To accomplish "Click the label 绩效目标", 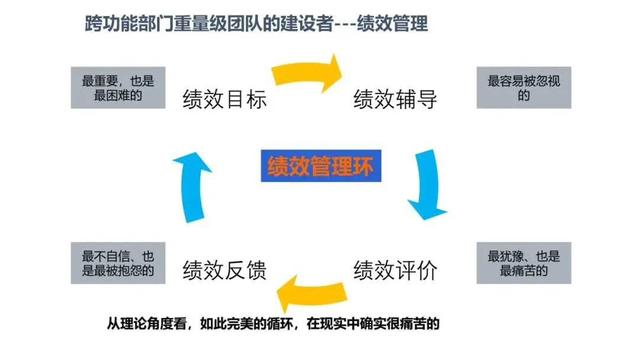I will tap(225, 99).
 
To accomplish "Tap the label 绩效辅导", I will tap(395, 99).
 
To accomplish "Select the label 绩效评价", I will tap(395, 270).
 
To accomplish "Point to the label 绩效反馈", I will tap(225, 270).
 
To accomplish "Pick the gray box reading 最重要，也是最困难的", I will tap(118, 88).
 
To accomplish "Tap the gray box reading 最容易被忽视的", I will tap(524, 88).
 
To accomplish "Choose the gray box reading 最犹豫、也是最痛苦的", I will tap(524, 263).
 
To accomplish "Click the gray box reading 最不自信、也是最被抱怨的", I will tap(118, 263).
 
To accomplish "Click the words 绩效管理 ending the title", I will tap(396, 25).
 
